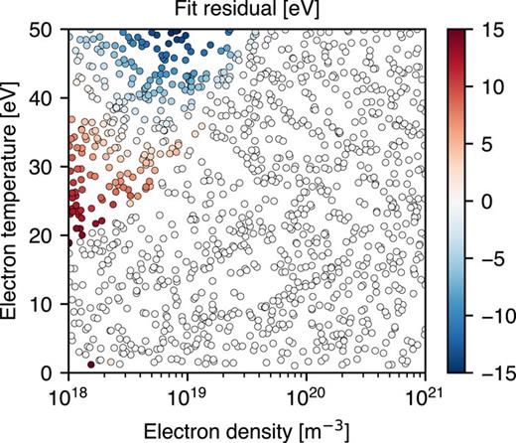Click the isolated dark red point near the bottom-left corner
pos(91,365)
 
